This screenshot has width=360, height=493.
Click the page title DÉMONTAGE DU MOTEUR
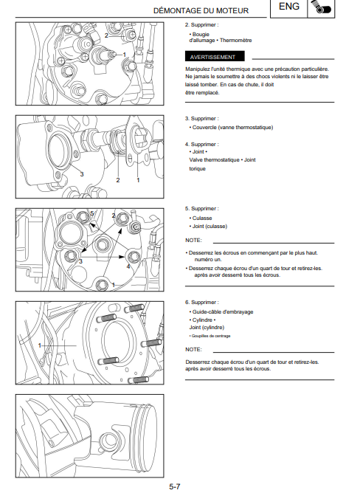(201, 10)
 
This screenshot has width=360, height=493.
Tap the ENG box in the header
(289, 7)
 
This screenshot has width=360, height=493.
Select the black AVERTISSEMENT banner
(215, 57)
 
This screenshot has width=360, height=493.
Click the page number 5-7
(175, 486)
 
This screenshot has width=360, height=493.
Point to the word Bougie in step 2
(201, 34)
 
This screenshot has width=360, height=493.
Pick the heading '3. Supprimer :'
(201, 119)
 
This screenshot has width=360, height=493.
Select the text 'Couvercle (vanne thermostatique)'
(232, 128)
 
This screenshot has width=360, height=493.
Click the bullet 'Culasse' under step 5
(202, 218)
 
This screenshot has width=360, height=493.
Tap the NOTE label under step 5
(193, 240)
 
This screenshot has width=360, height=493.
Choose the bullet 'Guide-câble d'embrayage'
(223, 312)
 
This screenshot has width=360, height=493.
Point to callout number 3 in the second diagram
(82, 174)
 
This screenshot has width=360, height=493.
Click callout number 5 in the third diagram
(91, 213)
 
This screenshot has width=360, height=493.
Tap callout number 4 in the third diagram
(128, 266)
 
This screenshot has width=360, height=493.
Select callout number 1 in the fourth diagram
(40, 345)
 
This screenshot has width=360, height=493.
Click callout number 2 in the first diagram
(106, 35)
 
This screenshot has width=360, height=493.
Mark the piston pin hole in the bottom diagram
(109, 441)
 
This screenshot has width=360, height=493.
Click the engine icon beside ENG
(321, 7)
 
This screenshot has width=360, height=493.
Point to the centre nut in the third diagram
(103, 244)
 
